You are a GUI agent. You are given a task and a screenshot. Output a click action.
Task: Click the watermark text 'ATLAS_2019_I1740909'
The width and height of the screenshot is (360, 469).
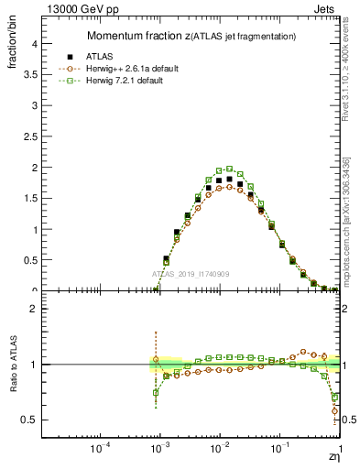192,275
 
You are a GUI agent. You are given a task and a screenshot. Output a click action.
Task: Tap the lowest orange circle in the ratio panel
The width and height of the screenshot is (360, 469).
334,410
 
